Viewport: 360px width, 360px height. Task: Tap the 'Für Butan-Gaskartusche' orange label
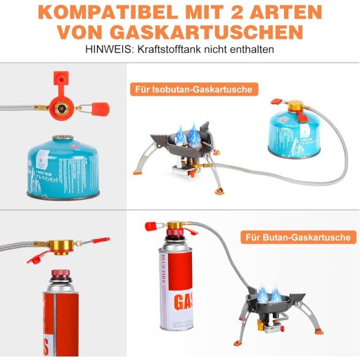click(297, 238)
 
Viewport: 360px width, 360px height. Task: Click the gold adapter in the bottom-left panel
click(59, 245)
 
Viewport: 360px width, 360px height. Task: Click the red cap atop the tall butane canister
click(150, 226)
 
